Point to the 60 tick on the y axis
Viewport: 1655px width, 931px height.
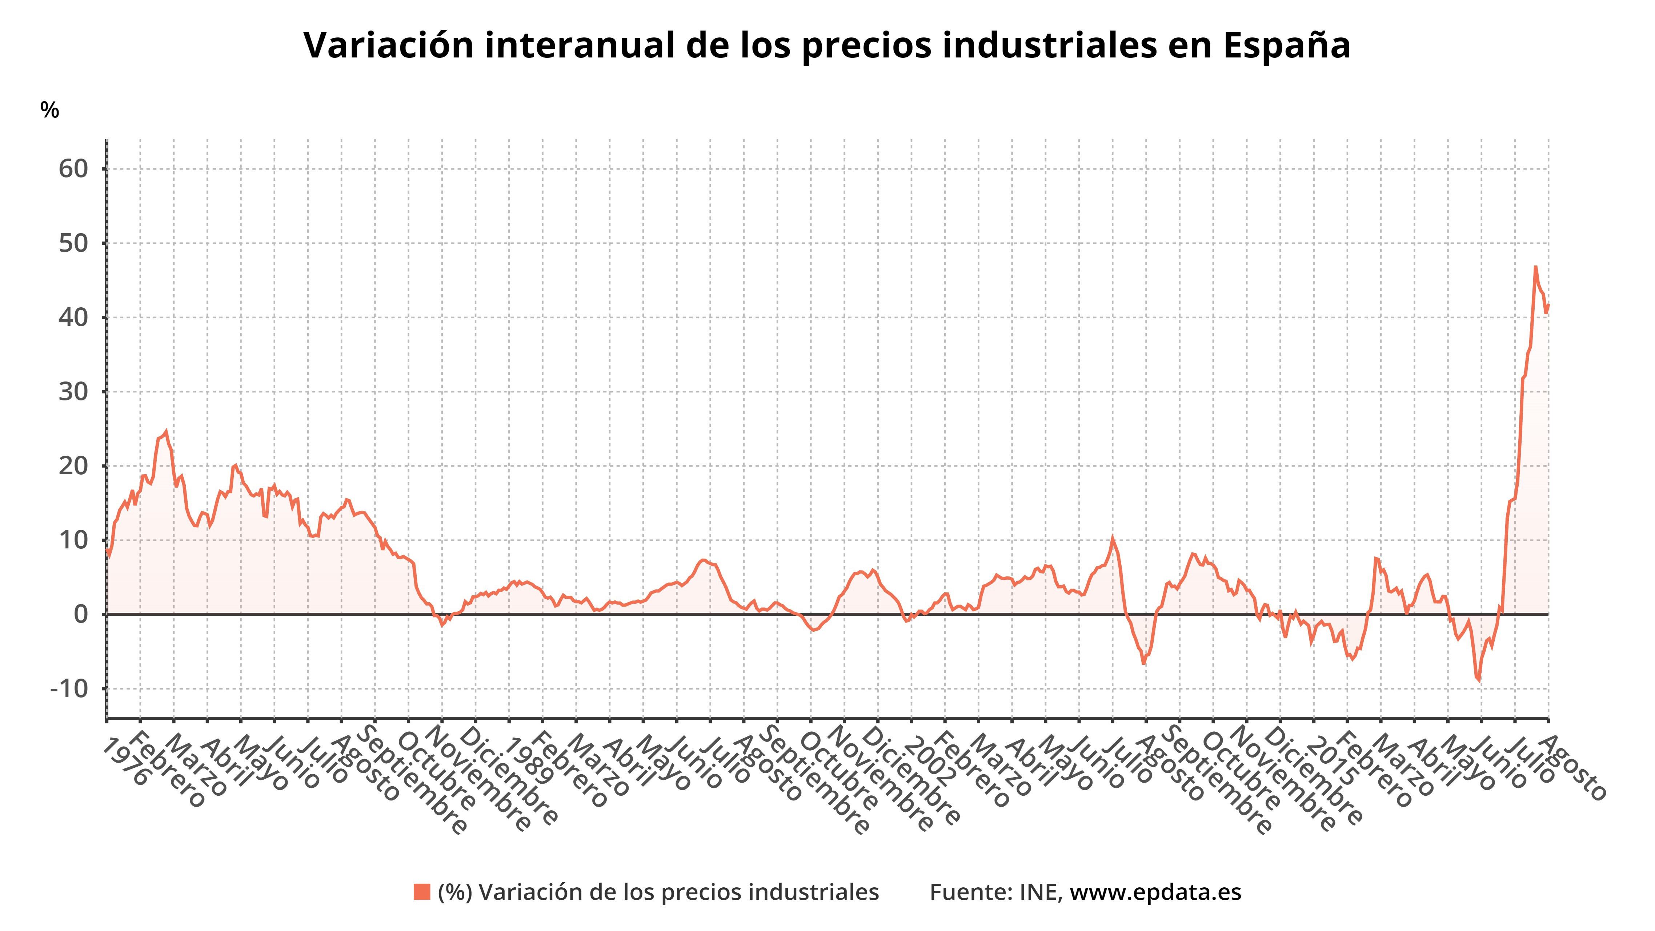click(73, 169)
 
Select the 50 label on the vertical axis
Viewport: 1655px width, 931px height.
click(73, 244)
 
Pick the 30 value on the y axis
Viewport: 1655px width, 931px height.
click(73, 392)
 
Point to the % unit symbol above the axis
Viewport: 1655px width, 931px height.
click(49, 111)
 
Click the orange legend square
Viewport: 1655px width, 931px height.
click(421, 892)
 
